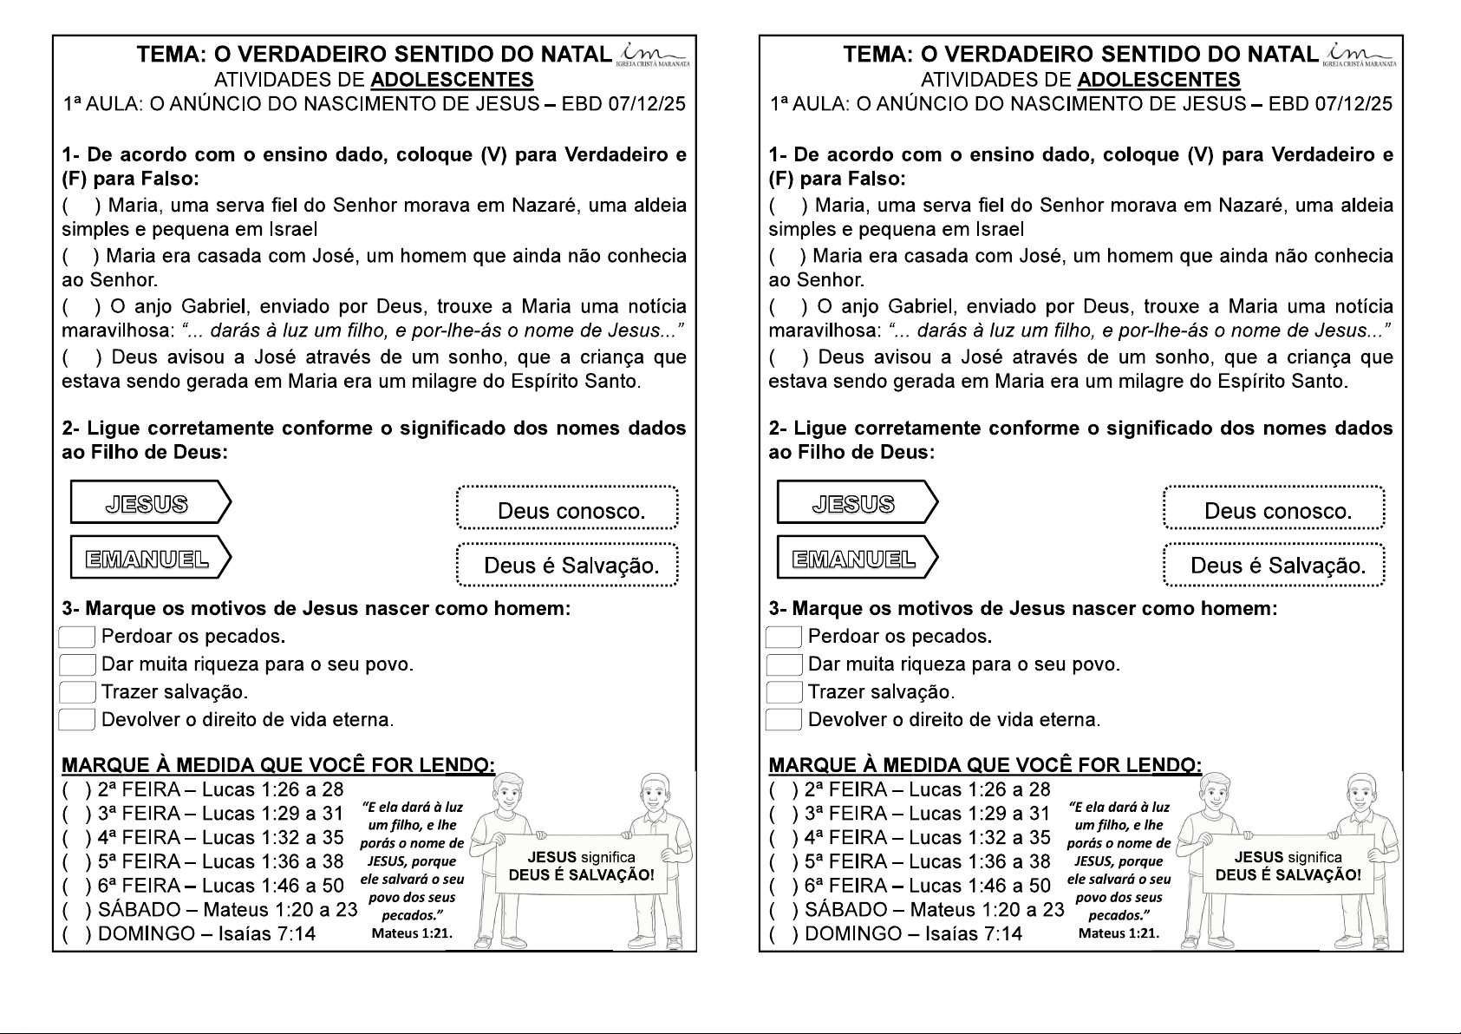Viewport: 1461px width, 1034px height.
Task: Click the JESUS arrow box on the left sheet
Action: (x=149, y=503)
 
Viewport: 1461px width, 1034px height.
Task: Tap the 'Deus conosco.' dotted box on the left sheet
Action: (x=568, y=509)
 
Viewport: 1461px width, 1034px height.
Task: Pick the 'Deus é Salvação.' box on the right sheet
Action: (x=1275, y=565)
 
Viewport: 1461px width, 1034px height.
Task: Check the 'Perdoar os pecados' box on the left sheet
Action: (x=76, y=637)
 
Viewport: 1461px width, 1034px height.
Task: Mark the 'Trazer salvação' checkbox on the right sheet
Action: (x=784, y=692)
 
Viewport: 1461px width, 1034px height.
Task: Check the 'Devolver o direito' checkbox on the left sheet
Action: (x=76, y=720)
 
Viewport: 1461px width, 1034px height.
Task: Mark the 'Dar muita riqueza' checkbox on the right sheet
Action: (x=784, y=664)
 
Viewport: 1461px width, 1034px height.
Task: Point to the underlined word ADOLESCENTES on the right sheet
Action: (x=1158, y=81)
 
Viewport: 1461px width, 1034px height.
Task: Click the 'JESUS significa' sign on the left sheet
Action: (x=581, y=866)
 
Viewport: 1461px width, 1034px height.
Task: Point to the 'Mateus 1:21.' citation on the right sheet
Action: (x=1119, y=933)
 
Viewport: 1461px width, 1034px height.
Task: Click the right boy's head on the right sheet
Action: (x=1363, y=792)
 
